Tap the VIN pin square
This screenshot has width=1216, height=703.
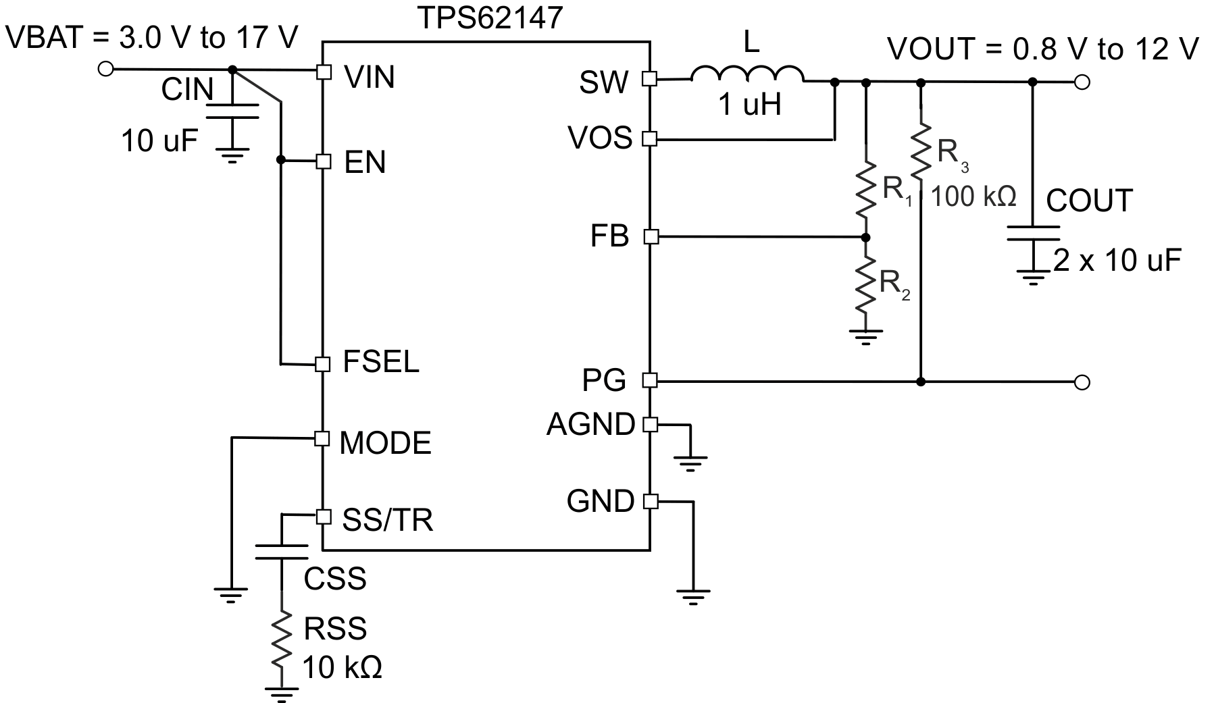(324, 72)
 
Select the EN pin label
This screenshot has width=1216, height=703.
(365, 163)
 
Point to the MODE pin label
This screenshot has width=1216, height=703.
(385, 444)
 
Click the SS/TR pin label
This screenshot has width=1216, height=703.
(387, 520)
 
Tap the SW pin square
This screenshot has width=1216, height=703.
(649, 79)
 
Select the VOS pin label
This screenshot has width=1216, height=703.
(600, 138)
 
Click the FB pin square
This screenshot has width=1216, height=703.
(651, 237)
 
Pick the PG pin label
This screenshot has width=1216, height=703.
(604, 381)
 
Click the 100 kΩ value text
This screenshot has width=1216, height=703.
(973, 197)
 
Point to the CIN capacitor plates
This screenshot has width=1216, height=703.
(232, 111)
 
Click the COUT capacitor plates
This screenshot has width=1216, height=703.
(1033, 233)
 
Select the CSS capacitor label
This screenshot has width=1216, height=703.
(335, 579)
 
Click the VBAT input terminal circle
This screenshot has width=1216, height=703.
(105, 68)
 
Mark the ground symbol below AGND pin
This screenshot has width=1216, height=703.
(690, 463)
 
